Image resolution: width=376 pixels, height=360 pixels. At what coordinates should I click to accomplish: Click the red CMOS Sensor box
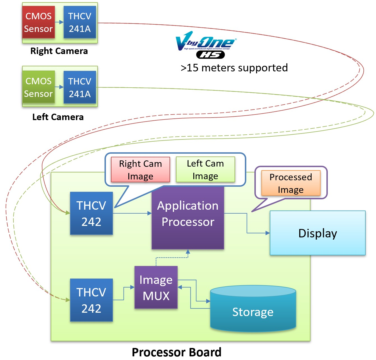38,22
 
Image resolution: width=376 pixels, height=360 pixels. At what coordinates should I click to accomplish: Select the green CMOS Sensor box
38,87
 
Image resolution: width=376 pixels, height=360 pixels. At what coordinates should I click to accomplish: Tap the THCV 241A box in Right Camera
80,22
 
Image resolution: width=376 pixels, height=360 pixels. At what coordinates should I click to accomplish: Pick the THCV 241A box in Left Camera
80,87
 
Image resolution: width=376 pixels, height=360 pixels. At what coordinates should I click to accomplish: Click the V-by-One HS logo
206,45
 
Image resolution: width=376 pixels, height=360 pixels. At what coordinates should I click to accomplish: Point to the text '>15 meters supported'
234,68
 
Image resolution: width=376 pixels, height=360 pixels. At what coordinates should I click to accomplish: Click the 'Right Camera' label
59,51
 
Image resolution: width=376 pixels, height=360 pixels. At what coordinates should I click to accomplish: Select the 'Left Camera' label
58,117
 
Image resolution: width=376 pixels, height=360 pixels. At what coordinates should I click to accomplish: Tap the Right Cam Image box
140,170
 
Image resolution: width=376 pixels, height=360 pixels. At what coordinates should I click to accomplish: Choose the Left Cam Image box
205,169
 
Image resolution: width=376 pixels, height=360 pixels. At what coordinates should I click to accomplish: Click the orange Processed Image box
291,183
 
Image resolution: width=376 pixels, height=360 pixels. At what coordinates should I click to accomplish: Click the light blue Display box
317,233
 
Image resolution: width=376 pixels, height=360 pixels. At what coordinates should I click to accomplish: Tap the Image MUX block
156,287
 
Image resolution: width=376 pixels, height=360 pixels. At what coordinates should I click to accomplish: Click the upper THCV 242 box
91,213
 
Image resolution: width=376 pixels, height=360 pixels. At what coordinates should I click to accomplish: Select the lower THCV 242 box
91,300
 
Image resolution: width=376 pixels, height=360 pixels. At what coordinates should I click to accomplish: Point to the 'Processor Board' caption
177,352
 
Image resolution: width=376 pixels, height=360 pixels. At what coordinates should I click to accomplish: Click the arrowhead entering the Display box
268,233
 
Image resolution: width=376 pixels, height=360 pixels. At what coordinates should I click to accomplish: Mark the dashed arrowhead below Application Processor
188,252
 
